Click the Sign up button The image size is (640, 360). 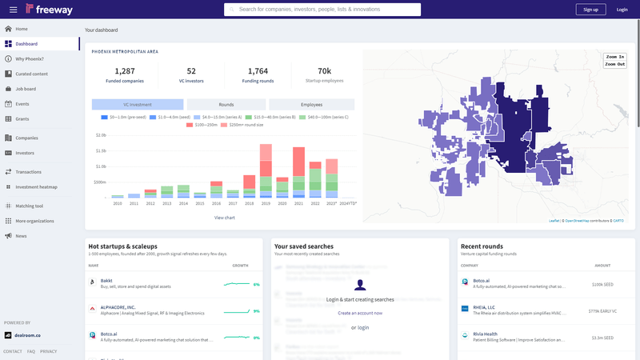click(x=590, y=10)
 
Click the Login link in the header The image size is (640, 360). click(x=622, y=10)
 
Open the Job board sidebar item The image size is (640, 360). click(x=26, y=89)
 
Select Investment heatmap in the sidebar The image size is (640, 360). click(x=37, y=187)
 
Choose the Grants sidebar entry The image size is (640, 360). click(x=22, y=118)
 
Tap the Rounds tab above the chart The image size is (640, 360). click(x=226, y=105)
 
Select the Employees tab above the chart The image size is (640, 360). click(x=311, y=105)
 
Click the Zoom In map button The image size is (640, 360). click(x=615, y=58)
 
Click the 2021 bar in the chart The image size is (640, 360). click(x=298, y=172)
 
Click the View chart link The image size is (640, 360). click(x=225, y=218)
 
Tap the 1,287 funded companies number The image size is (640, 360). click(x=125, y=71)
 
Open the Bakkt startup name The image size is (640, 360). click(x=106, y=281)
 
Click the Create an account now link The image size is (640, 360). click(x=360, y=313)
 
